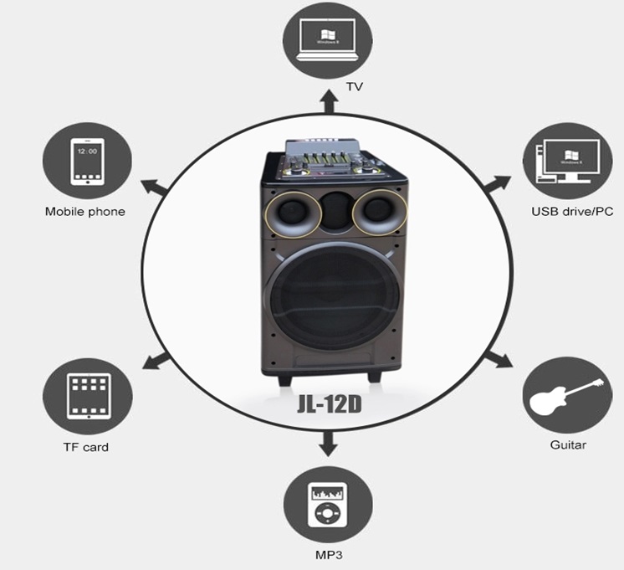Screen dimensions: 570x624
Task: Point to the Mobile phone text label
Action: tap(85, 211)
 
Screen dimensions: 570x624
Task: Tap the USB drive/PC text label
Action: tap(573, 211)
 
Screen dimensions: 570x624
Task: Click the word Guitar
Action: tap(568, 444)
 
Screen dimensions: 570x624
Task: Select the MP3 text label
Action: tap(329, 555)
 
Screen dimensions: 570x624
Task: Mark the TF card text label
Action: tap(86, 446)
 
